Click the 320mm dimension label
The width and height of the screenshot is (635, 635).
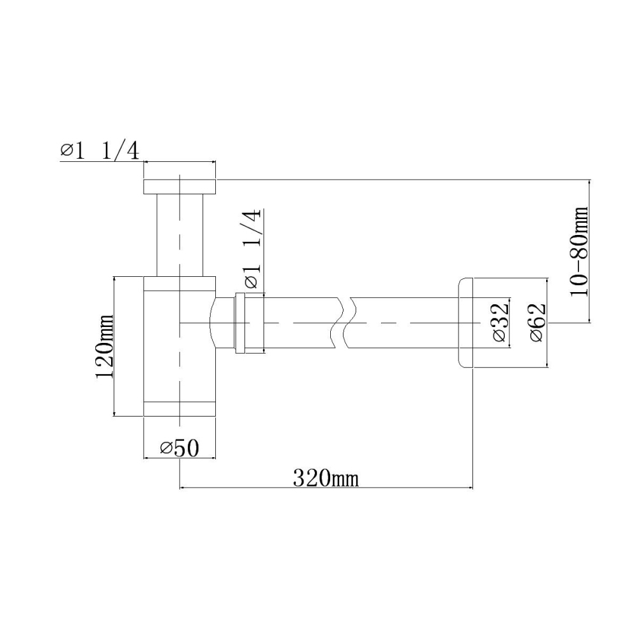325,477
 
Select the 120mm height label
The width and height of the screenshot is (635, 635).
104,346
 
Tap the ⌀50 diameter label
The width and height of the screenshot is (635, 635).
180,448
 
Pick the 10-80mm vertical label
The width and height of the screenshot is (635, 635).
578,251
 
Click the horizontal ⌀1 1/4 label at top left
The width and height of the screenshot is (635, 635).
100,150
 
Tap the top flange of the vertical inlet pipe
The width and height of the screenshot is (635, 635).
180,186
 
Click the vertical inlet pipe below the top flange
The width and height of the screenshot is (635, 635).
180,235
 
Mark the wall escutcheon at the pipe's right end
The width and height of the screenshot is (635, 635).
465,322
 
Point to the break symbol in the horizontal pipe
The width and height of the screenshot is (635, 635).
344,322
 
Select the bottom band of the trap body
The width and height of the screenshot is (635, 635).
180,410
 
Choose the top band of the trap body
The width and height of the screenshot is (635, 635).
180,284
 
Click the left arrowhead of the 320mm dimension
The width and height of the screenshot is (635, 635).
185,488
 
